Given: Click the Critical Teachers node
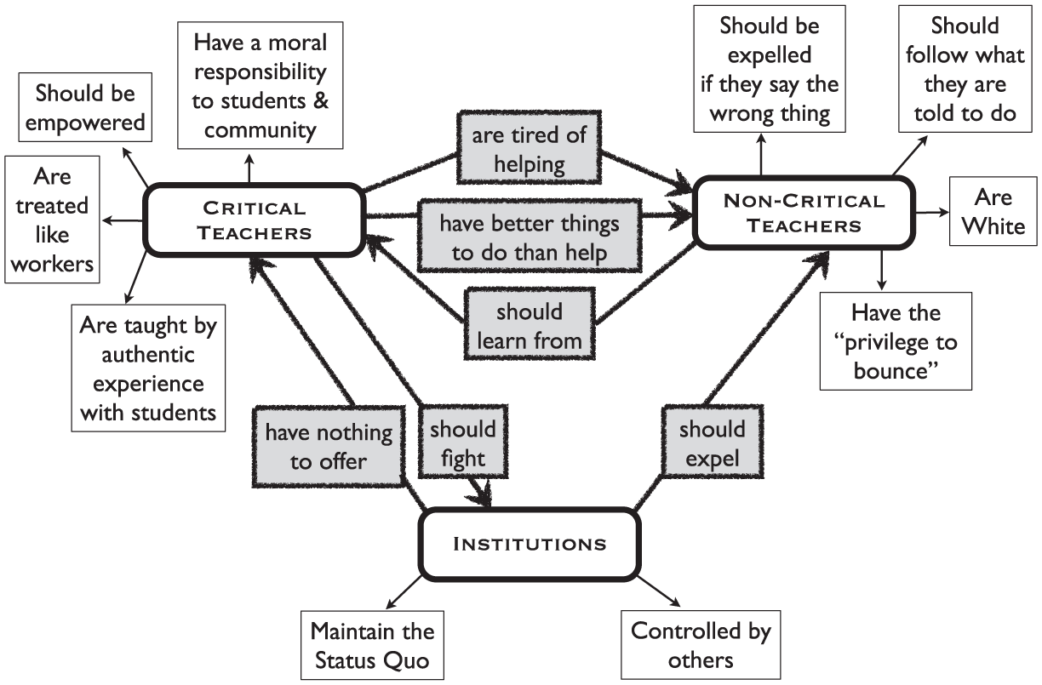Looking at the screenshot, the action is [254, 220].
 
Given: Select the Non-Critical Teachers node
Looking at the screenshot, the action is [804, 213].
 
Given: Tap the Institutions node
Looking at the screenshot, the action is [530, 544].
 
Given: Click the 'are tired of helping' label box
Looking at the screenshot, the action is [529, 147].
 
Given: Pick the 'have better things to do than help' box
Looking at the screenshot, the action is [530, 236].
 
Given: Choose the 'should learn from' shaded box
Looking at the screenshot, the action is [530, 323].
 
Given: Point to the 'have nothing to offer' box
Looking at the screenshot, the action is [329, 447].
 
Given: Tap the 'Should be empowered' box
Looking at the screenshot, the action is [85, 107].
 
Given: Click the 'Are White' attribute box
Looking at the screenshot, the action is [993, 211].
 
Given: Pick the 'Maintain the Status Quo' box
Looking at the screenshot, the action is [372, 645].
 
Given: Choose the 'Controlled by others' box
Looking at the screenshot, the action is [701, 644].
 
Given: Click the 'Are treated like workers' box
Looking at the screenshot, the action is [52, 220].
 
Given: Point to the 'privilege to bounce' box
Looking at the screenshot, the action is [896, 341].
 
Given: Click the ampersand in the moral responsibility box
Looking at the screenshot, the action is [320, 100].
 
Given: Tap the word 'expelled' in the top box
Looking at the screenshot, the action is [770, 55].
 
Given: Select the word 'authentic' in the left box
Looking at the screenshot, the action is [148, 355].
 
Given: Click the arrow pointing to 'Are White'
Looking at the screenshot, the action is [932, 213].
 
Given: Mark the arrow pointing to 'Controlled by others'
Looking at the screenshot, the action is [659, 591].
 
